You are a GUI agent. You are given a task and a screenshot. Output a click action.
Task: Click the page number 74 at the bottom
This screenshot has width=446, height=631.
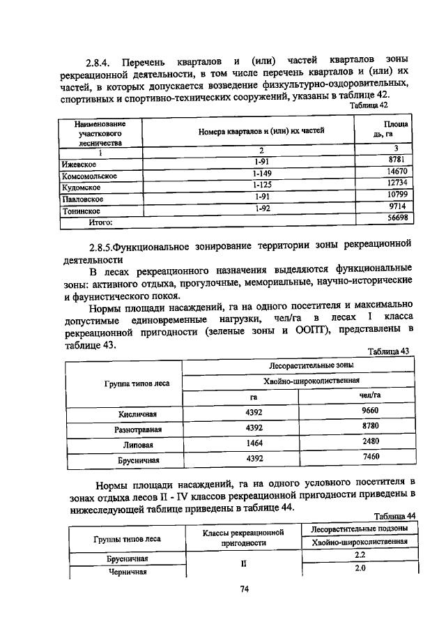click(245, 589)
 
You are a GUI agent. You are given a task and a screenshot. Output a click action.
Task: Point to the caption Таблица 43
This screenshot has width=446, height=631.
click(389, 351)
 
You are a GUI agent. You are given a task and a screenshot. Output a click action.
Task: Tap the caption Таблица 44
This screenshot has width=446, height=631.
click(394, 515)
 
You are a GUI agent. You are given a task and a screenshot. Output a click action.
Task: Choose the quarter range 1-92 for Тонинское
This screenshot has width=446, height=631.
click(261, 207)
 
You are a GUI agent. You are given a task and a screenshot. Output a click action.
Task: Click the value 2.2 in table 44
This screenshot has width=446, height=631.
click(360, 554)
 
